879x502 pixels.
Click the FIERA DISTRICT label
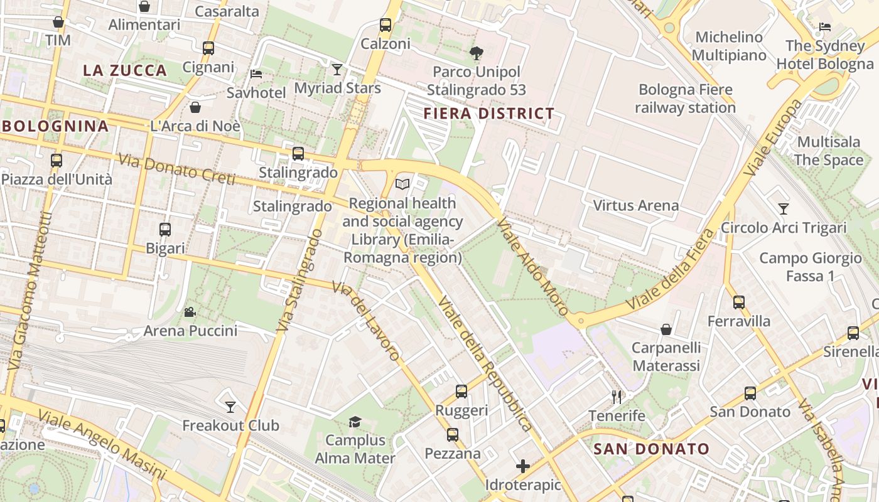tap(488, 114)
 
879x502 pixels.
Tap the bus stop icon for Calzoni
tap(386, 25)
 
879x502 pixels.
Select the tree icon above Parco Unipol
tap(477, 53)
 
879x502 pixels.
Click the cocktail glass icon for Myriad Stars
tap(337, 69)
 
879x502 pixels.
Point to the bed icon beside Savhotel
tap(256, 73)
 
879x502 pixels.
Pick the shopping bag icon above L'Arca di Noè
tap(195, 107)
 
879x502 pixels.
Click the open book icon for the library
tap(402, 184)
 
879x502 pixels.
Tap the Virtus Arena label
tap(635, 205)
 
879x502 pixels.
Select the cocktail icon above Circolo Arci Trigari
tap(783, 208)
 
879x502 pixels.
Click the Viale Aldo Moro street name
tap(532, 266)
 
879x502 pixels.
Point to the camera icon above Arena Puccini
tap(190, 312)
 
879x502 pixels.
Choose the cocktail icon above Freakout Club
tap(230, 407)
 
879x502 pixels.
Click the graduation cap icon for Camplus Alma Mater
tap(355, 421)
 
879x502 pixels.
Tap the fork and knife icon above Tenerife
tap(617, 397)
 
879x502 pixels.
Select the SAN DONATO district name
tap(651, 449)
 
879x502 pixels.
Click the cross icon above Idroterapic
tap(522, 466)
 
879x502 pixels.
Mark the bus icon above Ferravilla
tap(739, 302)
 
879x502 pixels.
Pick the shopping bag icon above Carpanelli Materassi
tap(666, 329)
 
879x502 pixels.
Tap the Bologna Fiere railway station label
tap(685, 99)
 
